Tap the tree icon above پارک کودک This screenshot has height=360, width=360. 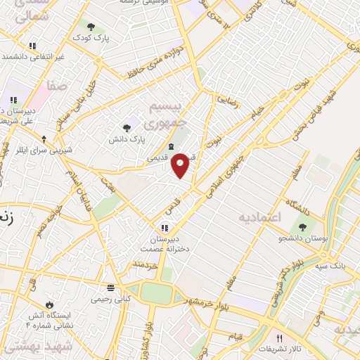coord(91,26)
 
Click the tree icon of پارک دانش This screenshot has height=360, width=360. coord(127,127)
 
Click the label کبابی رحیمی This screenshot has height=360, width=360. coord(110,299)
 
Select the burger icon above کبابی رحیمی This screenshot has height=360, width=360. coord(110,288)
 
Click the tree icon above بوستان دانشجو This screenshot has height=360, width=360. coord(303,227)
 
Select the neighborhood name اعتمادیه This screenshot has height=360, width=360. coord(259,217)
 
